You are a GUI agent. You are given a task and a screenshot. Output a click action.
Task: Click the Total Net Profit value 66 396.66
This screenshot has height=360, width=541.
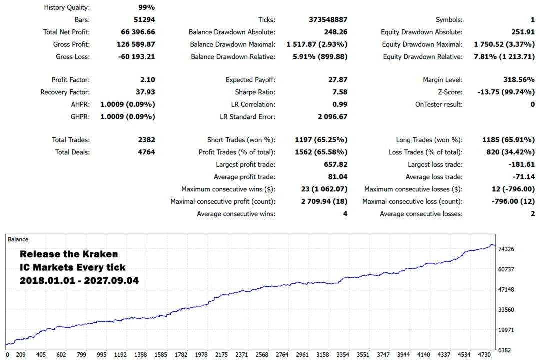[138, 32]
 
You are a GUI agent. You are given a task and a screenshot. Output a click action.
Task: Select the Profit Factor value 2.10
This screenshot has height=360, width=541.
[147, 79]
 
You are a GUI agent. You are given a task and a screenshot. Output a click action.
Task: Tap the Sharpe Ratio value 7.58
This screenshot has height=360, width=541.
[340, 92]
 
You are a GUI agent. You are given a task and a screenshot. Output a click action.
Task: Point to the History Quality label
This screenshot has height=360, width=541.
[67, 7]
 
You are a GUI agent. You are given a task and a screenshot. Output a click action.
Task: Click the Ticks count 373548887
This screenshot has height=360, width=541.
[328, 19]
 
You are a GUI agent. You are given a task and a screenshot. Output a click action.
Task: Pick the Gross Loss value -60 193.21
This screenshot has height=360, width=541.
[136, 56]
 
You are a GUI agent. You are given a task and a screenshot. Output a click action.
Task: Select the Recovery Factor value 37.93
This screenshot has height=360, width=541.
[145, 92]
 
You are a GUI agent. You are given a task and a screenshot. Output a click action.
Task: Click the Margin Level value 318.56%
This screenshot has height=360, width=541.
[519, 79]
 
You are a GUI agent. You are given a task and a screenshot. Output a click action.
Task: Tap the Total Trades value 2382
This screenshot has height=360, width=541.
[146, 140]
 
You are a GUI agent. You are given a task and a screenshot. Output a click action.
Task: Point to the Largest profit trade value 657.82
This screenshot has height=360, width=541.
[335, 164]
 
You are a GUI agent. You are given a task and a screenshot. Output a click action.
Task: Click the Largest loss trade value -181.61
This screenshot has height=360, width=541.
[521, 164]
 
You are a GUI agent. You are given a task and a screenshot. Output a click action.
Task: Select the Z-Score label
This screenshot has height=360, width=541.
[450, 92]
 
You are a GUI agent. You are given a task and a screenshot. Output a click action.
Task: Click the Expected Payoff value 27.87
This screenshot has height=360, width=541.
[338, 79]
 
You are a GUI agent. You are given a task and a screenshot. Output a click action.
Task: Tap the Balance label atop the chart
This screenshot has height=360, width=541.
[18, 239]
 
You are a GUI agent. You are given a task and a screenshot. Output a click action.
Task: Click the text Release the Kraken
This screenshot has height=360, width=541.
[69, 254]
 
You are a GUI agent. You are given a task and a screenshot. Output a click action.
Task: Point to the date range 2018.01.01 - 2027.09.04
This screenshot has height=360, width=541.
[79, 280]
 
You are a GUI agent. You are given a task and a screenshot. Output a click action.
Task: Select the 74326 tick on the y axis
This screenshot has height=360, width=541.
[506, 249]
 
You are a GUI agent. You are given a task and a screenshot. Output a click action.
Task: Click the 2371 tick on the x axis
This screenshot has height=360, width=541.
[242, 355]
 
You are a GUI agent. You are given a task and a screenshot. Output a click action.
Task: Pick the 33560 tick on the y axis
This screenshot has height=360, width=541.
[506, 310]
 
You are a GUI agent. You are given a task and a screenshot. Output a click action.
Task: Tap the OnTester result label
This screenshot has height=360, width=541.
[439, 104]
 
